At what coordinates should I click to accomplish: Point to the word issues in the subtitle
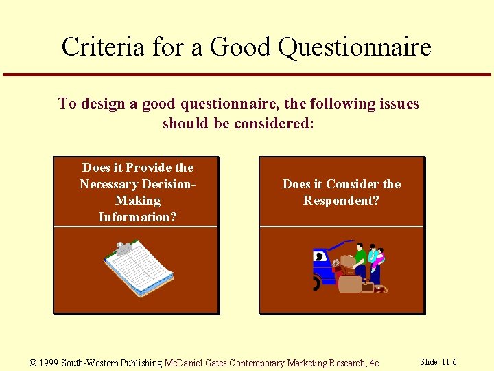[x=396, y=104]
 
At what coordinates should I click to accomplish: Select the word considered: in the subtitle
[x=274, y=124]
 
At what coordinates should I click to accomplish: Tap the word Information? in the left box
[x=137, y=217]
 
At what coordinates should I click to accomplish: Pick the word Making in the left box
[x=138, y=201]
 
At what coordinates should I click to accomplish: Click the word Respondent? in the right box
[x=341, y=201]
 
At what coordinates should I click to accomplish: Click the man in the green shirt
[x=359, y=258]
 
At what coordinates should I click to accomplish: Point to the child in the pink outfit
[x=375, y=258]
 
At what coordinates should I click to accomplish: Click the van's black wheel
[x=316, y=283]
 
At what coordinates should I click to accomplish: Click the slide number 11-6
[x=449, y=362]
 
